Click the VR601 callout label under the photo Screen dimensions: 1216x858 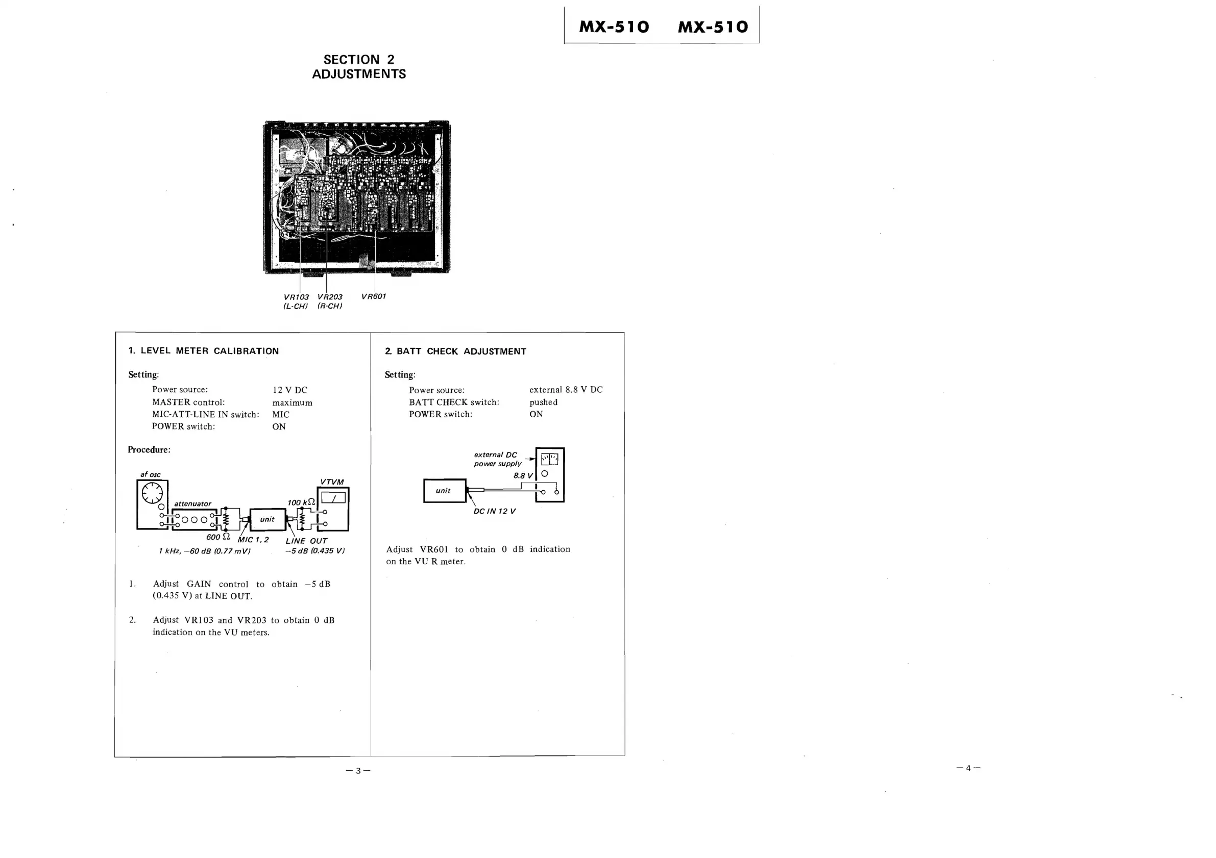373,296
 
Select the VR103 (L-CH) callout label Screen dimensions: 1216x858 296,301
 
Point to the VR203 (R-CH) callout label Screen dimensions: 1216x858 329,301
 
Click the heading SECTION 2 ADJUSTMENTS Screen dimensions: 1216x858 358,67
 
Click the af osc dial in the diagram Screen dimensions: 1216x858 152,493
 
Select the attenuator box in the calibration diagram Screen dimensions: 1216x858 194,519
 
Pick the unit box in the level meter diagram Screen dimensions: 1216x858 267,519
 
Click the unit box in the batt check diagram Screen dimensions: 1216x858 444,491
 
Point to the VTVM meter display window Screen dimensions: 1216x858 333,497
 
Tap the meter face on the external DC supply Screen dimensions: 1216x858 549,459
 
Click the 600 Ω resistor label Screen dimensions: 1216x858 217,537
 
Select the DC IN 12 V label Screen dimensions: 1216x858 494,511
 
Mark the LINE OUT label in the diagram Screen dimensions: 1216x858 306,541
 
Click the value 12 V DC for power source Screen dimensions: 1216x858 289,390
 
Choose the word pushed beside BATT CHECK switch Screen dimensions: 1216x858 543,402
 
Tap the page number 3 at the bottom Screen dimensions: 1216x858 358,771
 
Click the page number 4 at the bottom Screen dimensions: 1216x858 968,768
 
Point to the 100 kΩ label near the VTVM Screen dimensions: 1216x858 301,502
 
